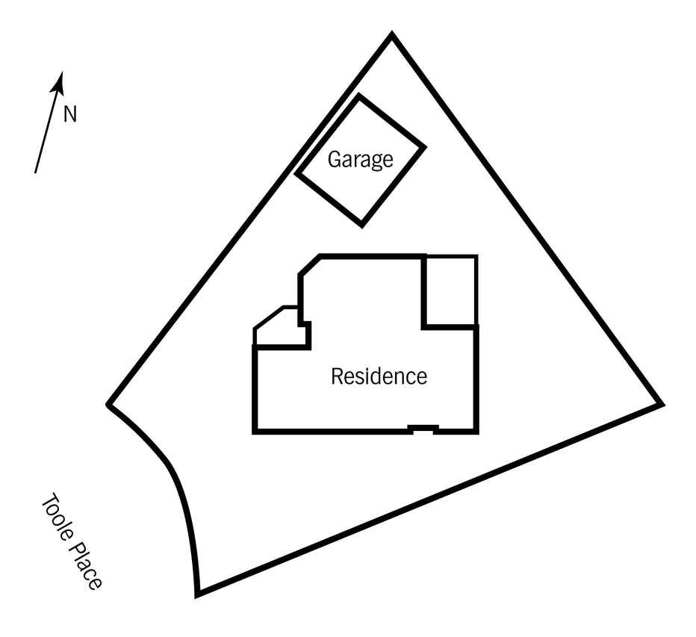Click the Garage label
pos(360,159)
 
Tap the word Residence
pos(379,376)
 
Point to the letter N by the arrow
pos(70,114)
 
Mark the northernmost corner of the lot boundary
pos(392,34)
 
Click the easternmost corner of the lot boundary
pos(662,405)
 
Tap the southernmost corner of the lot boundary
pos(198,595)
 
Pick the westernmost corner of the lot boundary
pos(109,405)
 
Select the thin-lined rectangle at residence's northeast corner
pos(450,291)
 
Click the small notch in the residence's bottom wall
pos(423,428)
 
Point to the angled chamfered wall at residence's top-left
pos(310,264)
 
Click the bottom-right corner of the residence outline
pos(476,432)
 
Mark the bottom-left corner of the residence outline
pos(255,432)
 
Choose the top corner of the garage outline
pos(359,96)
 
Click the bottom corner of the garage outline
pos(362,224)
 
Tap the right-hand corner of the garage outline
pos(424,147)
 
